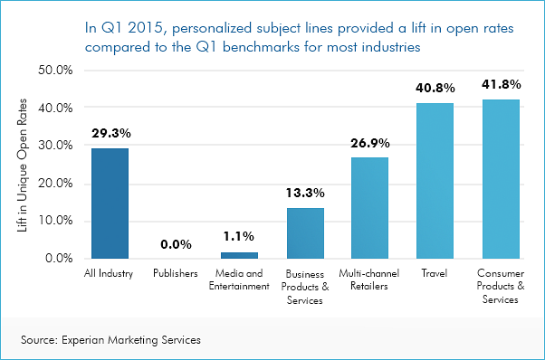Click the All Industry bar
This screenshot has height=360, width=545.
point(110,204)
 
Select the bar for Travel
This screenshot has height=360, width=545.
point(435,181)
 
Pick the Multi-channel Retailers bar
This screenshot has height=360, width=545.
point(369,208)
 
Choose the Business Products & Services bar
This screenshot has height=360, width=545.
point(305,233)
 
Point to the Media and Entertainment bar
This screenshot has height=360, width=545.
point(240,255)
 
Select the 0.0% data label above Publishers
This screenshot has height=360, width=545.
point(175,244)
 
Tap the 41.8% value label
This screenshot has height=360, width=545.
point(500,85)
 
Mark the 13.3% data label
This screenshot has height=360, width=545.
point(305,194)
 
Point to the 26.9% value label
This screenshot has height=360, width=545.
point(369,143)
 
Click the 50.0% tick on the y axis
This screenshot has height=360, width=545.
point(55,70)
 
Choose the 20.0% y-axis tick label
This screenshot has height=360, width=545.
point(55,183)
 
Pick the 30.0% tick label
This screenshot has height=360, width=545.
point(55,145)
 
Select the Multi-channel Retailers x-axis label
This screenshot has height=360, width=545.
point(369,279)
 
